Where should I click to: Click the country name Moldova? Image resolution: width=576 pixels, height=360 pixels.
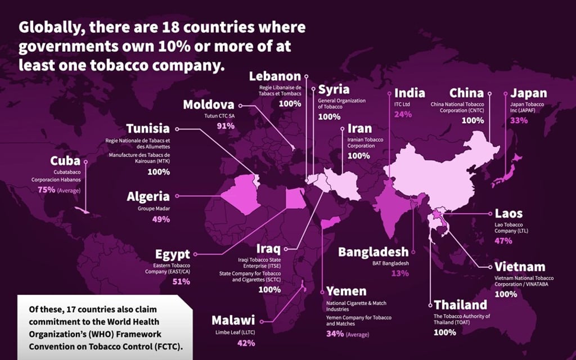tap(208, 105)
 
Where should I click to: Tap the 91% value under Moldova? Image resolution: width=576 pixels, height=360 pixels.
tap(226, 126)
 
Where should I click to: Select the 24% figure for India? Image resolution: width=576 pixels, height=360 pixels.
tap(403, 114)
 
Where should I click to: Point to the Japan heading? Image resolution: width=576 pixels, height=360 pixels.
tap(528, 93)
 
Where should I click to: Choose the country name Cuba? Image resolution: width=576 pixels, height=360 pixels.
tap(65, 161)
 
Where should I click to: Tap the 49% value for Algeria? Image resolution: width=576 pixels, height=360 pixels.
tap(160, 219)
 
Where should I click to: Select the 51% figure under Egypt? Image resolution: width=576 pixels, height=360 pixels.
tap(181, 281)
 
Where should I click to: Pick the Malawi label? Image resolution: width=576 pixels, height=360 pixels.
tap(233, 321)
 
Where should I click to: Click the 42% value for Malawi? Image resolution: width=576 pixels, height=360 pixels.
tap(246, 343)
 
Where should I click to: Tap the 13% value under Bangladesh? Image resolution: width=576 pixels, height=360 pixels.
tap(400, 273)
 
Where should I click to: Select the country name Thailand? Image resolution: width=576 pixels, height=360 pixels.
tap(460, 305)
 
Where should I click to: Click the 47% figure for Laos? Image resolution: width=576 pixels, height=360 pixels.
tap(503, 241)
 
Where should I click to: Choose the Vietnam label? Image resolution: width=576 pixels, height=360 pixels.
tap(520, 267)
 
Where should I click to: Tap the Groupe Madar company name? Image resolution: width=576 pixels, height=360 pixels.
tap(154, 208)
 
